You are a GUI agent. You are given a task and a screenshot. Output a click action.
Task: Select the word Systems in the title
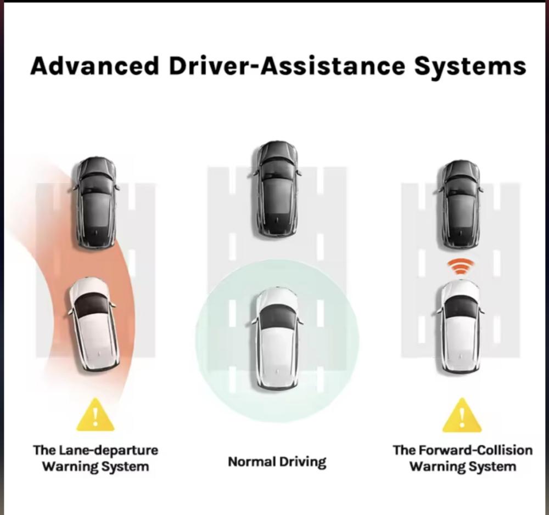tap(470, 66)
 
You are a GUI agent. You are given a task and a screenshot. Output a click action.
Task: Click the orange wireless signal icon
tap(460, 268)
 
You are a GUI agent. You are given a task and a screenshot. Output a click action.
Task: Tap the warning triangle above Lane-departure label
tap(95, 416)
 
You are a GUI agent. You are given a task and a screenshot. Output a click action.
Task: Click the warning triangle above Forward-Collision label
tap(462, 416)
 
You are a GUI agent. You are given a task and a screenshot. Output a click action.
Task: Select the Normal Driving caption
tap(277, 462)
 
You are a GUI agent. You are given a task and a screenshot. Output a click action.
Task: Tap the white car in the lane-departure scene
tap(93, 324)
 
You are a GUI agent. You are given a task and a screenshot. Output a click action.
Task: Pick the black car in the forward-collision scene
tap(461, 203)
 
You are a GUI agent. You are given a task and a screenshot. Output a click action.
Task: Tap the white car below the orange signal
tap(461, 326)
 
